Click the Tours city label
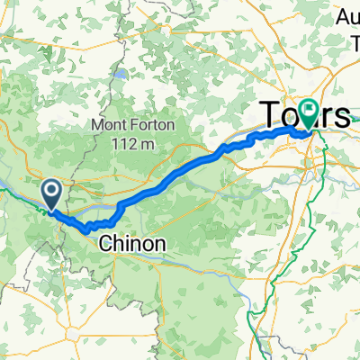tap(304, 115)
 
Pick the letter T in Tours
tap(269, 115)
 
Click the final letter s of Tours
tap(342, 115)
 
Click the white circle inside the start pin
tap(50, 189)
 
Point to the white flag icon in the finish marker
tap(310, 110)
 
